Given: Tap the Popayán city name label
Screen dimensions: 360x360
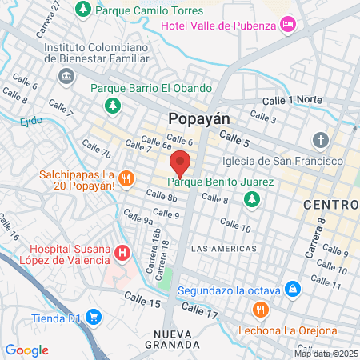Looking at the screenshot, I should tap(199, 118).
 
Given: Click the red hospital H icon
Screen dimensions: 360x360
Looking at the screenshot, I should tap(122, 254).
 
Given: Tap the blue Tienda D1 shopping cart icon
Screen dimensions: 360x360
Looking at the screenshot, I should tap(94, 316).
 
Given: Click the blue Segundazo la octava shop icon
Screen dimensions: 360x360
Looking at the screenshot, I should tap(294, 288).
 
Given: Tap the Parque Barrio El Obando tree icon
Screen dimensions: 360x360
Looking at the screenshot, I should tap(113, 105).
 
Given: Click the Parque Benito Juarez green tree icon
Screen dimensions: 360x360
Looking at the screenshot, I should tap(253, 198).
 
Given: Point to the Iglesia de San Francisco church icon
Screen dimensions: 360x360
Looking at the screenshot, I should tap(321, 141).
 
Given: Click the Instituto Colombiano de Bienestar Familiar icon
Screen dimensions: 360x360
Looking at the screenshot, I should tap(66, 76).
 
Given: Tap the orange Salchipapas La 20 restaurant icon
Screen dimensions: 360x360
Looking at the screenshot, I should tap(126, 178).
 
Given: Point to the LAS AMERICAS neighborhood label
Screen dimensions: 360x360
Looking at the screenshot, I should tap(224, 249).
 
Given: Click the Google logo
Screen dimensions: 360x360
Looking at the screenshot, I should tap(27, 350).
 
